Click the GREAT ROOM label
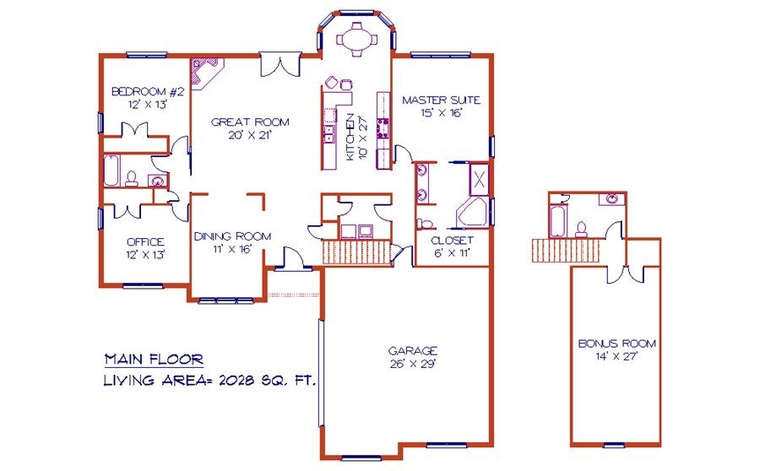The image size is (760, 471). pyautogui.click(x=250, y=122)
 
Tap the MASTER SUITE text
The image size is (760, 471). pyautogui.click(x=441, y=100)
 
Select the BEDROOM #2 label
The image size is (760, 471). pyautogui.click(x=148, y=91)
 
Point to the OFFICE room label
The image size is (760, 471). pyautogui.click(x=145, y=241)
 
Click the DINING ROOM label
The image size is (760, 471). pyautogui.click(x=233, y=236)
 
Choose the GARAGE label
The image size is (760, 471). pyautogui.click(x=413, y=351)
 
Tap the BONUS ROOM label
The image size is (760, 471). pyautogui.click(x=617, y=344)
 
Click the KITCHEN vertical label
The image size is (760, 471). pyautogui.click(x=350, y=137)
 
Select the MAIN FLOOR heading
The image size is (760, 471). pyautogui.click(x=155, y=360)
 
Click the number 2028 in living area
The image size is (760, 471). pyautogui.click(x=236, y=381)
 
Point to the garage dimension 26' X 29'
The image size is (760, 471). pyautogui.click(x=413, y=364)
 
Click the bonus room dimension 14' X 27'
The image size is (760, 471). pyautogui.click(x=616, y=357)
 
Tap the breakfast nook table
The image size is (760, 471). pyautogui.click(x=356, y=39)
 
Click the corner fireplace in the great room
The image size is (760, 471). pyautogui.click(x=205, y=73)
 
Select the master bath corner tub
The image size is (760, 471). pyautogui.click(x=471, y=212)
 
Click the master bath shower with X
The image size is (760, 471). pyautogui.click(x=479, y=180)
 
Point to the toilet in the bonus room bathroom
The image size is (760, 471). pyautogui.click(x=581, y=230)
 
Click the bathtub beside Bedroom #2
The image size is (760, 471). pyautogui.click(x=111, y=171)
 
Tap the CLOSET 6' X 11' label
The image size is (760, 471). pyautogui.click(x=452, y=246)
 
